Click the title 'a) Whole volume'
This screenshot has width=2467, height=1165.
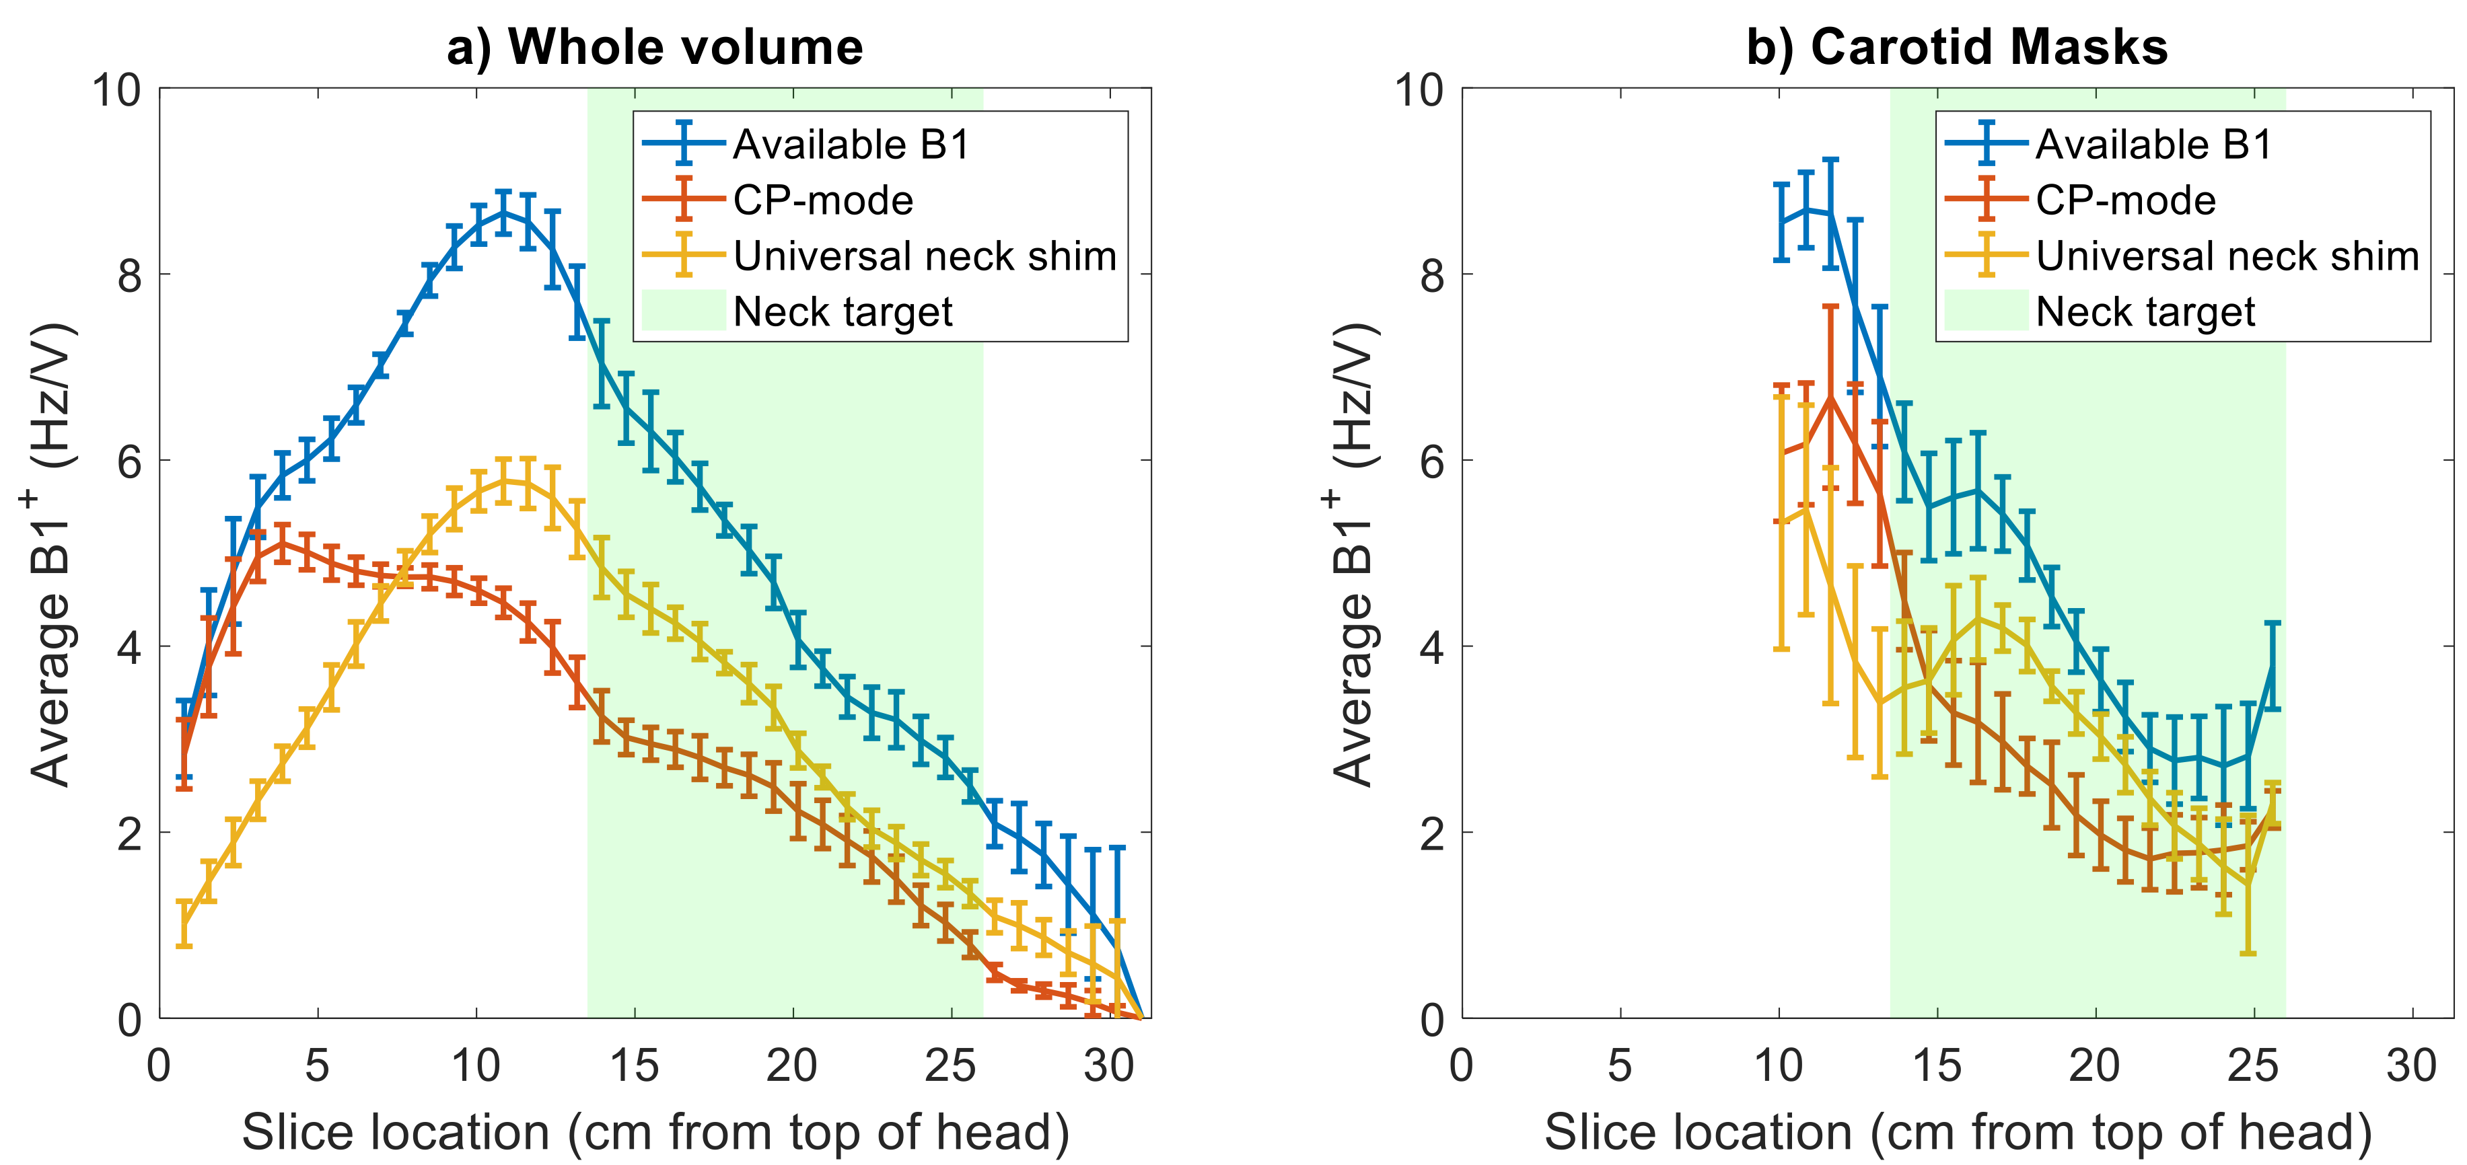click(655, 47)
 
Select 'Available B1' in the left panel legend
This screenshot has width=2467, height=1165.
click(851, 145)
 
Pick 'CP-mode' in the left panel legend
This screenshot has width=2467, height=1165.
click(822, 200)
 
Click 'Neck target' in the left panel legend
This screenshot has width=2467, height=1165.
click(843, 311)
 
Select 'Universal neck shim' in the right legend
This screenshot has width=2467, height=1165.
click(2227, 256)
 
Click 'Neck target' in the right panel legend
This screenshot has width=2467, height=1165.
click(2145, 311)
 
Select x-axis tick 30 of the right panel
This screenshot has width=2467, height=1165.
click(2411, 1065)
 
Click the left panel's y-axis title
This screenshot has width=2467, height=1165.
click(50, 555)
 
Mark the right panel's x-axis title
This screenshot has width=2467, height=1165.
click(1958, 1133)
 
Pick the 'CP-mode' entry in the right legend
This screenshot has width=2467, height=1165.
click(2125, 200)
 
